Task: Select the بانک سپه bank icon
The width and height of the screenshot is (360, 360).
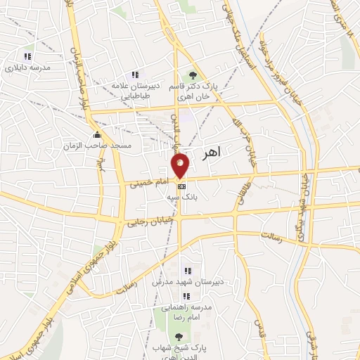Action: [x=182, y=186]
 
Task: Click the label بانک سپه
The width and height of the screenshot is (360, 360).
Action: [x=182, y=197]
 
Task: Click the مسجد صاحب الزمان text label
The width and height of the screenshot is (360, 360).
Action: [x=96, y=145]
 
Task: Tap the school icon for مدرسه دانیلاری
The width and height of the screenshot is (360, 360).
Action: [x=27, y=56]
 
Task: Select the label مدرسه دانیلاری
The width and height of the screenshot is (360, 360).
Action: [x=27, y=68]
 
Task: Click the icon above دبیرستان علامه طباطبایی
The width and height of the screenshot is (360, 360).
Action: [x=134, y=75]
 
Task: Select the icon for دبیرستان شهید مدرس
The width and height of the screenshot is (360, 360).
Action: [x=187, y=271]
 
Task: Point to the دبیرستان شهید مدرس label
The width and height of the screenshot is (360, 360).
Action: [x=187, y=282]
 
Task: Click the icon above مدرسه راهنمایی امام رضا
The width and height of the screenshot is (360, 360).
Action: [x=187, y=296]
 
